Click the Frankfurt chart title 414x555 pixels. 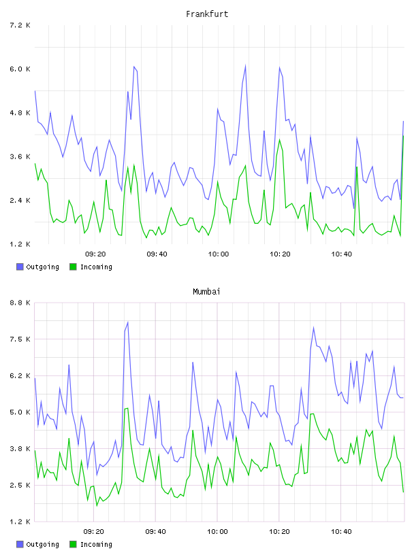[x=207, y=14]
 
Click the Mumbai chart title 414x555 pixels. [x=206, y=292]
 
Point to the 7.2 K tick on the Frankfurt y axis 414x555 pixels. [x=20, y=25]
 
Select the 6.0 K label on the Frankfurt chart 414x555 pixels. [x=20, y=69]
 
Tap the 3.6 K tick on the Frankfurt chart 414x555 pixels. [x=20, y=156]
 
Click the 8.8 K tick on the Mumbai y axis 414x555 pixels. [x=20, y=303]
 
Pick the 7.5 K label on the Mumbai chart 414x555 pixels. [x=20, y=339]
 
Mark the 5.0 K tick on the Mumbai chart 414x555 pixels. [x=20, y=412]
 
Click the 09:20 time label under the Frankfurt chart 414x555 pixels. [x=95, y=254]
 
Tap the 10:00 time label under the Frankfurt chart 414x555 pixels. [x=219, y=254]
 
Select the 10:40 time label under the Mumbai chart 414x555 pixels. [x=341, y=531]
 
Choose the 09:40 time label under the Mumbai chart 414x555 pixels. [x=156, y=531]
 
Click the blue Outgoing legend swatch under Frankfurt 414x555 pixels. [x=20, y=267]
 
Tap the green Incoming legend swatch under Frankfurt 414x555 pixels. [x=73, y=267]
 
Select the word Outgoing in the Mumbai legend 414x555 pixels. [x=42, y=544]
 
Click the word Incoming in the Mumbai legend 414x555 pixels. [x=96, y=544]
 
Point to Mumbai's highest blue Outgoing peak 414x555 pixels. [x=127, y=322]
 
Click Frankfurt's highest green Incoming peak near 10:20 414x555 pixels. [x=279, y=139]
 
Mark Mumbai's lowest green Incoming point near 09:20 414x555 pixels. [x=97, y=505]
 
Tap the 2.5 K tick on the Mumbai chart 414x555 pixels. [x=20, y=485]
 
